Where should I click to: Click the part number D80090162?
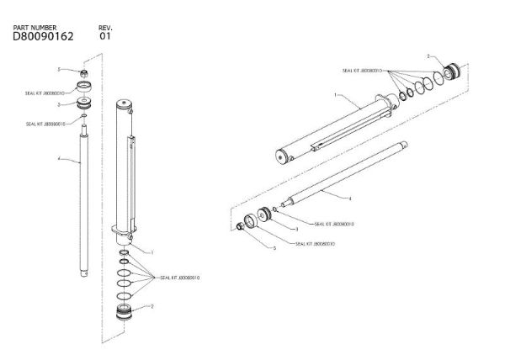[43, 37]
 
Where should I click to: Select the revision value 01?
[104, 37]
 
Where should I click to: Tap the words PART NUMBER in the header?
[35, 28]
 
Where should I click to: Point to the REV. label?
[105, 28]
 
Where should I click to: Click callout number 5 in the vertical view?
[59, 69]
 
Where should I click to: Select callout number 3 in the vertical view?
[59, 105]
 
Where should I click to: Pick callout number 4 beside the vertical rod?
[58, 159]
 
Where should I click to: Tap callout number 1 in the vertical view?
[151, 251]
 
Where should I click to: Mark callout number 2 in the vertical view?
[151, 306]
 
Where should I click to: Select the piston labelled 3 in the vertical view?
[84, 104]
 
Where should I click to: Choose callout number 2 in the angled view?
[428, 56]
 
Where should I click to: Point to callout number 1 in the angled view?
[336, 97]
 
